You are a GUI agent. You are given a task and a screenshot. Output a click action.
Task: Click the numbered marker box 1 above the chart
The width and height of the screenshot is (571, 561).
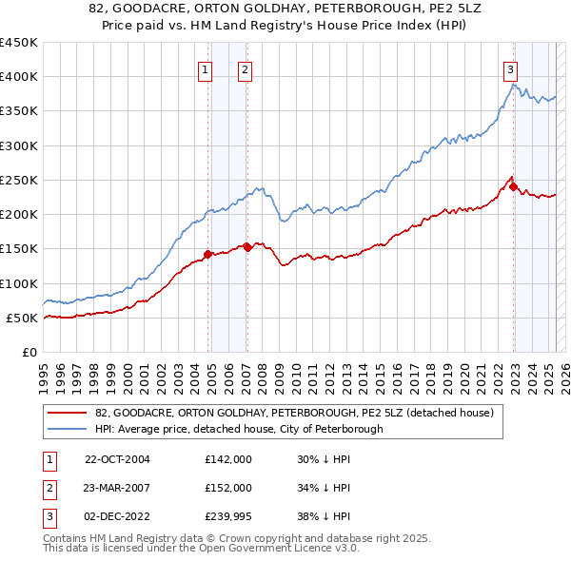click(x=206, y=68)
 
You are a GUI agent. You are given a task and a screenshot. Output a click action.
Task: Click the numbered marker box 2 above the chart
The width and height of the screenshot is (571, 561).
click(x=245, y=68)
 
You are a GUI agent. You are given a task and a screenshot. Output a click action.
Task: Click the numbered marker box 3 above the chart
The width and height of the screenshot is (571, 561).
click(x=511, y=68)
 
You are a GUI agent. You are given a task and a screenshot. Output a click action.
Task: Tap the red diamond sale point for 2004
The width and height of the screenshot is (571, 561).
click(x=208, y=254)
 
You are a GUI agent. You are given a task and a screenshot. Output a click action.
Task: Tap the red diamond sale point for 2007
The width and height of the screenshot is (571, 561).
click(x=247, y=247)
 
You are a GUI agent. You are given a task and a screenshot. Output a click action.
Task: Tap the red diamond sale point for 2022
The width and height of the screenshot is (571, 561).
click(x=514, y=186)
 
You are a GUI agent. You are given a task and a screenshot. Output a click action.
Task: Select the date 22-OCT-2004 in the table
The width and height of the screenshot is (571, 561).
click(x=119, y=459)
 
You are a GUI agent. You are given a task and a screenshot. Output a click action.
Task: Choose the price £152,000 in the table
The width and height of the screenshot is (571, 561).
click(x=228, y=487)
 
